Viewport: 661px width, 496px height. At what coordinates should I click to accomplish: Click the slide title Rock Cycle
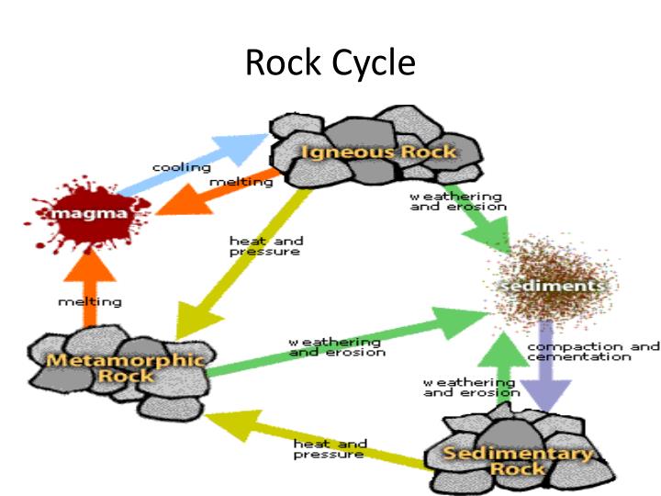pos(330,62)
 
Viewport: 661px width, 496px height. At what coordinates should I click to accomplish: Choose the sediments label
pos(551,287)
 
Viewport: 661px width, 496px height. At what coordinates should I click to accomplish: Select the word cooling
pos(181,168)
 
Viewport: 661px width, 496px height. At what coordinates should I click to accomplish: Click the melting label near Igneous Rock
pos(241,182)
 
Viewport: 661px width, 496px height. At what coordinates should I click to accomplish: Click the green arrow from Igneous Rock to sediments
pos(477,225)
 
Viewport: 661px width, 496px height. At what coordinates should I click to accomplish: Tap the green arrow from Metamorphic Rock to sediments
pos(340,344)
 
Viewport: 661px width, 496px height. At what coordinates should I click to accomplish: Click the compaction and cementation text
pos(592,352)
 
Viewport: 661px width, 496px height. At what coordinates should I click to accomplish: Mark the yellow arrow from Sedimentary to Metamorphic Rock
pos(312,441)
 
